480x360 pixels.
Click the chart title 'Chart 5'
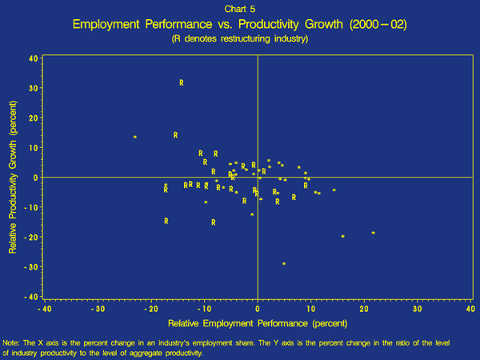click(240, 9)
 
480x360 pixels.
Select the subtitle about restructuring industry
click(240, 39)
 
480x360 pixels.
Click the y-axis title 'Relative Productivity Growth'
click(14, 176)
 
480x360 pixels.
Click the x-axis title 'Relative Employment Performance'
click(258, 323)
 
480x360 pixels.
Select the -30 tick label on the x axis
click(98, 309)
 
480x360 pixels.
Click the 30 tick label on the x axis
click(416, 309)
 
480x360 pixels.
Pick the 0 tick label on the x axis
click(258, 309)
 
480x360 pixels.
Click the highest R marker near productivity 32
click(182, 82)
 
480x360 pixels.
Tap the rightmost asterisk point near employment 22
click(374, 233)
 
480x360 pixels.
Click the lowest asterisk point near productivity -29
click(284, 263)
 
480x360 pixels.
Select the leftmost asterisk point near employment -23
click(135, 138)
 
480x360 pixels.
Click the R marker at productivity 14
click(176, 134)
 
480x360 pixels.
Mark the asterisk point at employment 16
click(343, 237)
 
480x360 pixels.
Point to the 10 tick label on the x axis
click(310, 309)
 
